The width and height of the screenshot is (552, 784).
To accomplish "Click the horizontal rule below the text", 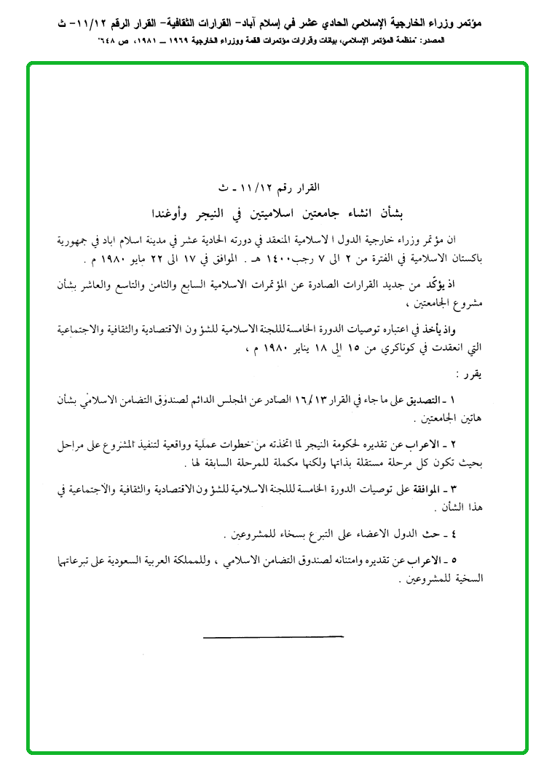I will [x=272, y=637].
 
